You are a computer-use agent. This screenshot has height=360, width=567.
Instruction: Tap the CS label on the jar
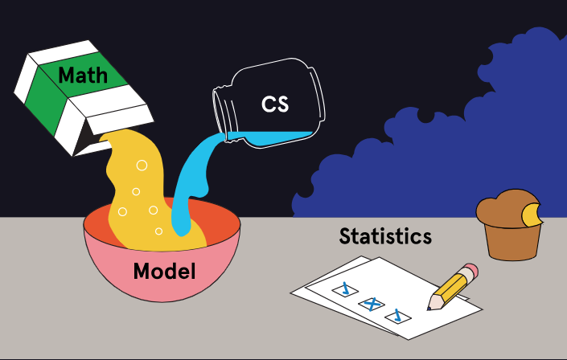(275, 104)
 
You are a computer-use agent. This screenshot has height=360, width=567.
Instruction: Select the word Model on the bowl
(164, 271)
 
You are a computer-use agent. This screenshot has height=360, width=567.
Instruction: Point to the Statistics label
(385, 236)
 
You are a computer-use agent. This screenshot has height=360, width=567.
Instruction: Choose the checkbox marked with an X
(370, 304)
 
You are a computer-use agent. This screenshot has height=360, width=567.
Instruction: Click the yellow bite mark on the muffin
(532, 214)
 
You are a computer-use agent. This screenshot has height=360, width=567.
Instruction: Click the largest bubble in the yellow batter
(142, 166)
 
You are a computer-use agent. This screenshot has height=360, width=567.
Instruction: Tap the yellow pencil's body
(454, 284)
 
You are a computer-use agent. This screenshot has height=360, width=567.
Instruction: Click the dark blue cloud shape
(450, 137)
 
